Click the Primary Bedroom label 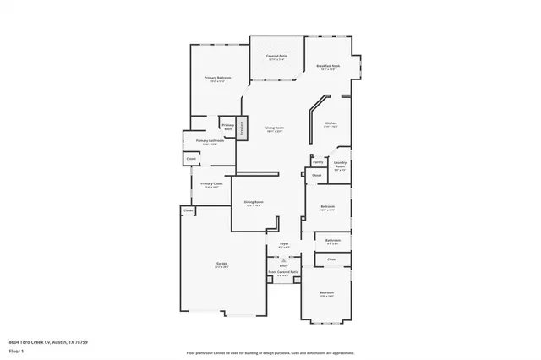tap(218, 78)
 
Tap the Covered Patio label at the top tap(277, 56)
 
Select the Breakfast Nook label tap(328, 66)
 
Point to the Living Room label tap(274, 128)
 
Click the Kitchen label tap(331, 123)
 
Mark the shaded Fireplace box tap(241, 128)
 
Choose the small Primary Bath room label tap(227, 126)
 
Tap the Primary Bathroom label tap(210, 141)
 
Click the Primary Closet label tap(211, 183)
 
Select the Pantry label tap(318, 161)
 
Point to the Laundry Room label tap(339, 166)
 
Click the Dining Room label tap(254, 202)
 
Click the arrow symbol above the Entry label tap(283, 259)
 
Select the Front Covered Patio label tap(283, 272)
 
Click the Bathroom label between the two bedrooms tap(332, 240)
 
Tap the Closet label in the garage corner tap(187, 210)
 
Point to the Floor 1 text tap(16, 350)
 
